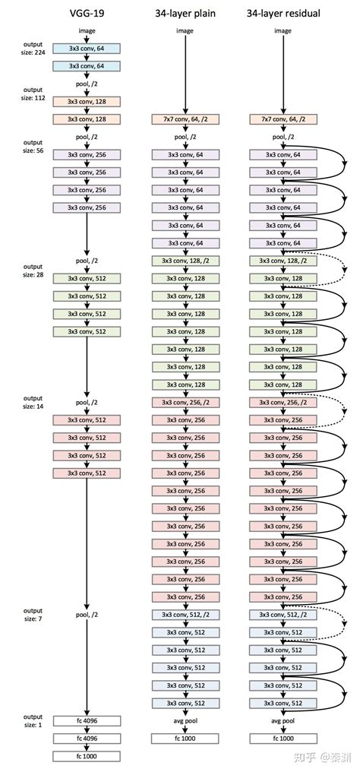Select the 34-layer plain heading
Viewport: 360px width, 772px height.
(x=185, y=12)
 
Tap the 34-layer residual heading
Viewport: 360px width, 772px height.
(x=283, y=12)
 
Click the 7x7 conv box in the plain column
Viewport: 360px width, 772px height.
(x=185, y=119)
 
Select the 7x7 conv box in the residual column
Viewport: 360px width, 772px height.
(x=283, y=119)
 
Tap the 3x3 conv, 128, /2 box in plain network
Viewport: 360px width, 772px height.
(x=185, y=261)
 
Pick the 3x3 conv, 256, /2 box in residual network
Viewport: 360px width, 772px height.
(x=283, y=402)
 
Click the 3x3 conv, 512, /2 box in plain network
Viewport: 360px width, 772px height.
(x=185, y=615)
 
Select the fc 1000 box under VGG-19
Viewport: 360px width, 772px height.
(x=87, y=756)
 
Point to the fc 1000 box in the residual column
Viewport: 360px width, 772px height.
(x=283, y=738)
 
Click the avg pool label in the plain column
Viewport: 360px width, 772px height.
(x=185, y=721)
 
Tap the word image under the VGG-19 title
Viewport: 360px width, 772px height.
(x=87, y=30)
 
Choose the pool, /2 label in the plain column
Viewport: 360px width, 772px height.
(x=185, y=137)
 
